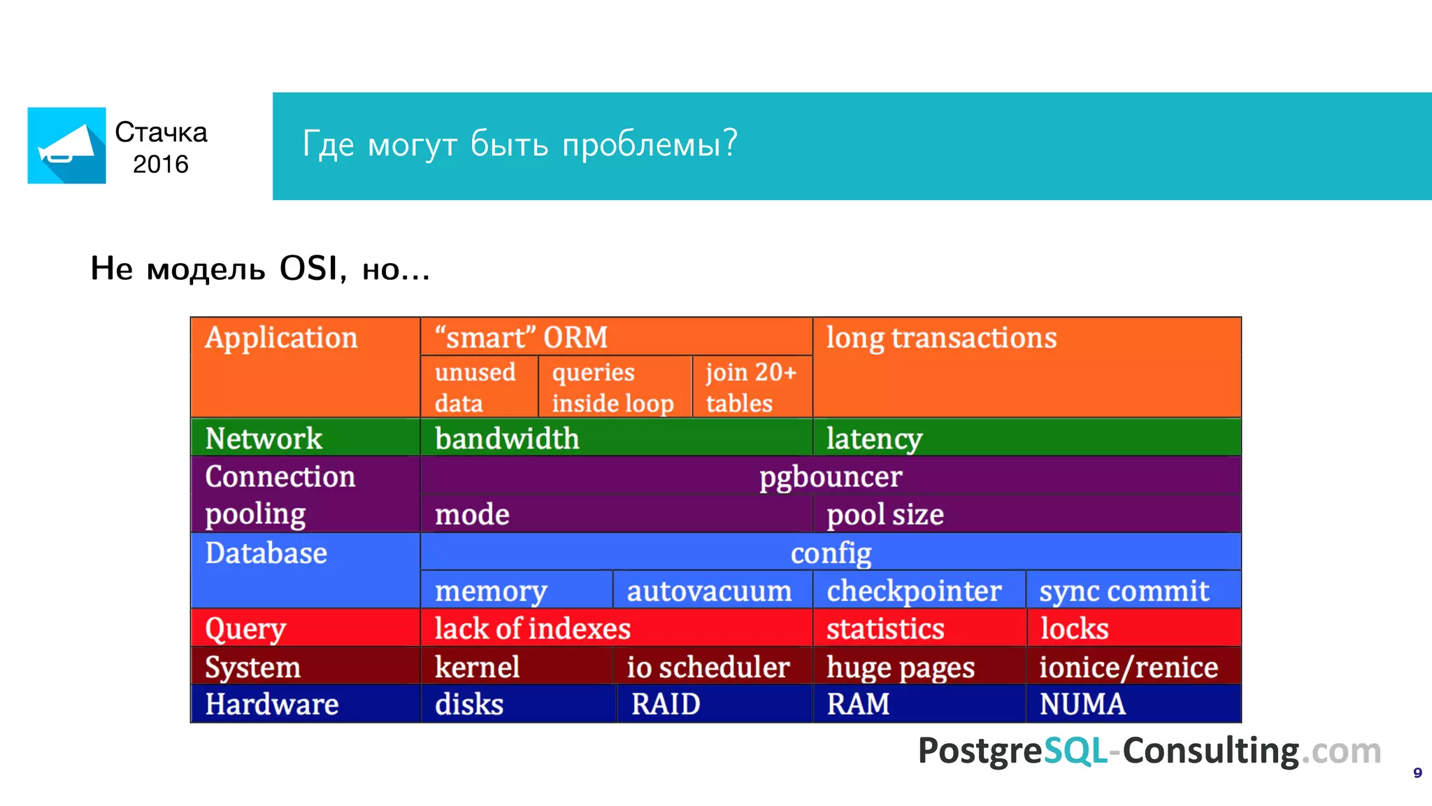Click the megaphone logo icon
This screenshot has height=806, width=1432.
[x=66, y=146]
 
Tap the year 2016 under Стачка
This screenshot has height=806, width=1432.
[x=160, y=164]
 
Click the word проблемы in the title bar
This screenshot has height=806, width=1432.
[x=650, y=144]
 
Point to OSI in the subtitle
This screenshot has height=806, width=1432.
[x=308, y=268]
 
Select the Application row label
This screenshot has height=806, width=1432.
[x=281, y=338]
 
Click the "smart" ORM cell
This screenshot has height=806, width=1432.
[x=521, y=337]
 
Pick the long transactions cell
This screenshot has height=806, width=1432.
[x=941, y=338]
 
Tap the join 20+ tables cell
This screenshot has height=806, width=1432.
[x=751, y=387]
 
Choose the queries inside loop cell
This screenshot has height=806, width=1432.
[x=613, y=387]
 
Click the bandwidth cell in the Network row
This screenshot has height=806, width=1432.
[x=507, y=439]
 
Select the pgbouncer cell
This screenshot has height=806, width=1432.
[x=830, y=476]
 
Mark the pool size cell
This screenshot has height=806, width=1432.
[x=885, y=514]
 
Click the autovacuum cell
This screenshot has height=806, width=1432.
[x=709, y=591]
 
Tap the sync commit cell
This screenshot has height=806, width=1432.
[x=1124, y=591]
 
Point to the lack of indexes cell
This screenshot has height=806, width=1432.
[x=533, y=628]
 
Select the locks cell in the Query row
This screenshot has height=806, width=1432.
[x=1074, y=628]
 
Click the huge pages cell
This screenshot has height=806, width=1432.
[x=901, y=667]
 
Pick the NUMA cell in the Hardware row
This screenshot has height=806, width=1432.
[x=1082, y=704]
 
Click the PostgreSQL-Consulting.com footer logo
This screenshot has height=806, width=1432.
[x=1149, y=751]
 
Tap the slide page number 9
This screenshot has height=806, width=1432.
[x=1417, y=773]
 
